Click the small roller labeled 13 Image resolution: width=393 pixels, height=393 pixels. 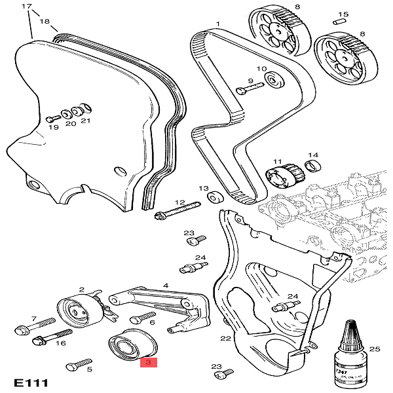coord(214,197)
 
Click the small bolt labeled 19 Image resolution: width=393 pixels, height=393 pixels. coord(52,118)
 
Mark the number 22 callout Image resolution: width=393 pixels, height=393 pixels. coord(226,339)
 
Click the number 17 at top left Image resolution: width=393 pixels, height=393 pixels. coord(27,6)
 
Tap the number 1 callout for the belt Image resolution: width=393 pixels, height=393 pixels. coord(217,24)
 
